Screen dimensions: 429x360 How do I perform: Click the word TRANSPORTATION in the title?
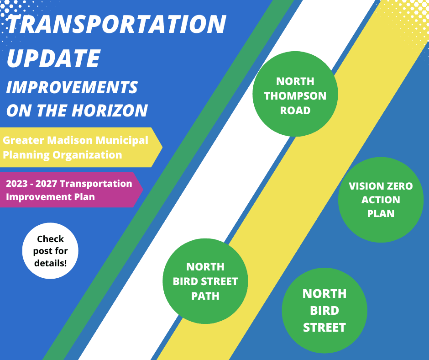point(116,24)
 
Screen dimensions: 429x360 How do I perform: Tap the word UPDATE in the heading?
point(54,58)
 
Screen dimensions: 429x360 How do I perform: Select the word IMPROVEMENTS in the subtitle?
point(72,87)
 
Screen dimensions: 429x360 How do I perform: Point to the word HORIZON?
point(110,111)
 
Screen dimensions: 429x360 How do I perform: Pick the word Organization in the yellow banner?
point(87,155)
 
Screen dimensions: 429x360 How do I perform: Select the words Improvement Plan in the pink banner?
point(50,197)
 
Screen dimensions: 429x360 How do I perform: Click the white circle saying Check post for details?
point(50,251)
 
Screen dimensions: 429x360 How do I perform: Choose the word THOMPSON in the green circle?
point(295,96)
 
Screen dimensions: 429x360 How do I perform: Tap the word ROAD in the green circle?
point(295,111)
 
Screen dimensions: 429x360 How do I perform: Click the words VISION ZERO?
point(381,186)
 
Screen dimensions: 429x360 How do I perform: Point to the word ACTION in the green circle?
point(381,200)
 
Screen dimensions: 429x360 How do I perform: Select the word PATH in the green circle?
point(205,296)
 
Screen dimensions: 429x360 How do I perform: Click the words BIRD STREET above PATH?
point(205,281)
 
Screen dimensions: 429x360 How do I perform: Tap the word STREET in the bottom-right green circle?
point(324,328)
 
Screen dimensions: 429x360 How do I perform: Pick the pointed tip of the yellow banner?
point(162,147)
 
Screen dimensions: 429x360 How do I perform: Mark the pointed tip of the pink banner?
point(143,190)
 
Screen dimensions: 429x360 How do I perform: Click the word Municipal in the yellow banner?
point(122,140)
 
